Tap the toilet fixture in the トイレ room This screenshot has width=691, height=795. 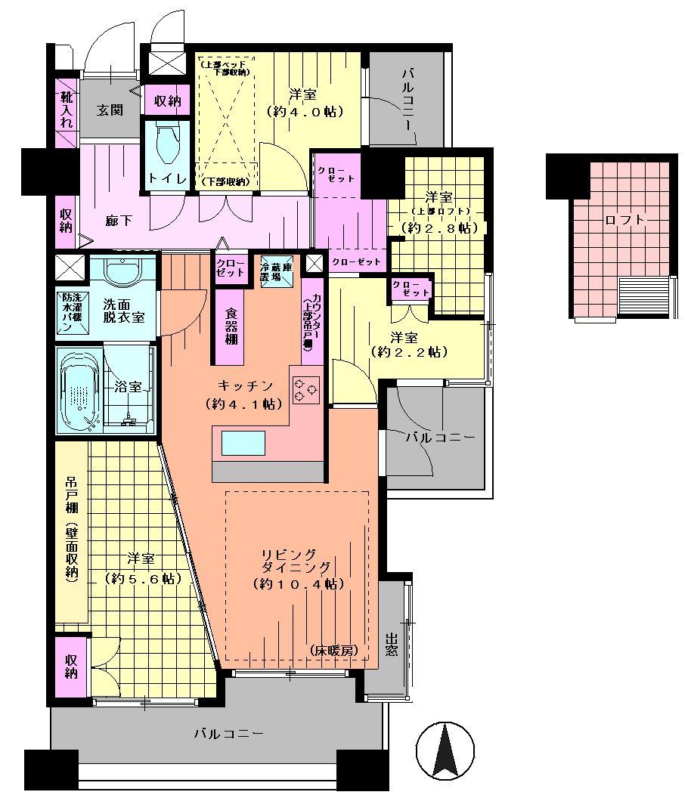pyautogui.click(x=165, y=144)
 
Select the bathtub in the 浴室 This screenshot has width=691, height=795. pyautogui.click(x=78, y=390)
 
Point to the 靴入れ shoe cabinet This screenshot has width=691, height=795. pyautogui.click(x=67, y=110)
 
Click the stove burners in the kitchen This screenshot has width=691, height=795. pyautogui.click(x=306, y=388)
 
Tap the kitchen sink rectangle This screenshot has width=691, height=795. pyautogui.click(x=243, y=443)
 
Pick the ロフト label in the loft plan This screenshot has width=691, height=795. pyautogui.click(x=625, y=220)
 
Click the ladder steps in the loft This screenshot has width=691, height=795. pyautogui.click(x=644, y=295)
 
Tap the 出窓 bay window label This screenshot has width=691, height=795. pyautogui.click(x=391, y=644)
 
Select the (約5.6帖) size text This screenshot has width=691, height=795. pyautogui.click(x=141, y=578)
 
